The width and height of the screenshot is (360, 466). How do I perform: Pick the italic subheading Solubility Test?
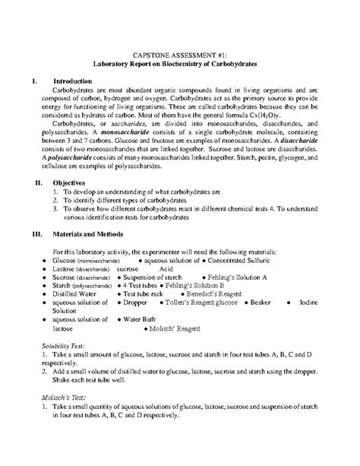(x=65, y=368)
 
